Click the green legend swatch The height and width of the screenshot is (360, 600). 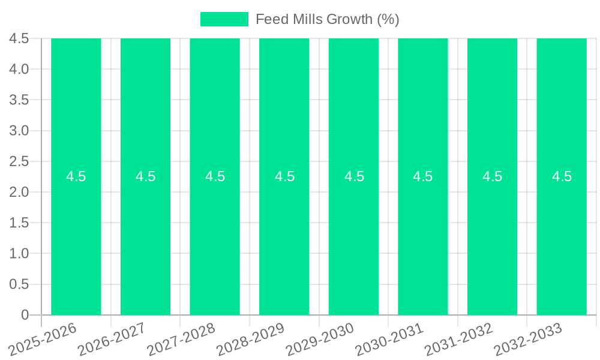(x=224, y=19)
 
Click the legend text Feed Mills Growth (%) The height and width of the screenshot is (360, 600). (x=327, y=19)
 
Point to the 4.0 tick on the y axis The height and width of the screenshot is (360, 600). (x=19, y=69)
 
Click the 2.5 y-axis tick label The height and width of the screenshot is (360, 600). (x=19, y=161)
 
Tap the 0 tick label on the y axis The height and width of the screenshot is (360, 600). (x=25, y=315)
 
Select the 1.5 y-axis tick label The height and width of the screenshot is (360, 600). (x=19, y=223)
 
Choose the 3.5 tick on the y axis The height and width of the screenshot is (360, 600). (x=19, y=100)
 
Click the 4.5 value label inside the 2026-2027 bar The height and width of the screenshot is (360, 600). (x=145, y=176)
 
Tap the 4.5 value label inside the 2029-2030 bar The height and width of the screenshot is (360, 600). (x=354, y=176)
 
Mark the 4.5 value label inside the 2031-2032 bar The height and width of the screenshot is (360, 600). (x=493, y=176)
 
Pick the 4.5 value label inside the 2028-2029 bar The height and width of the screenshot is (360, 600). (x=284, y=176)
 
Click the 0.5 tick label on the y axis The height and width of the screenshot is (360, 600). (x=19, y=284)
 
